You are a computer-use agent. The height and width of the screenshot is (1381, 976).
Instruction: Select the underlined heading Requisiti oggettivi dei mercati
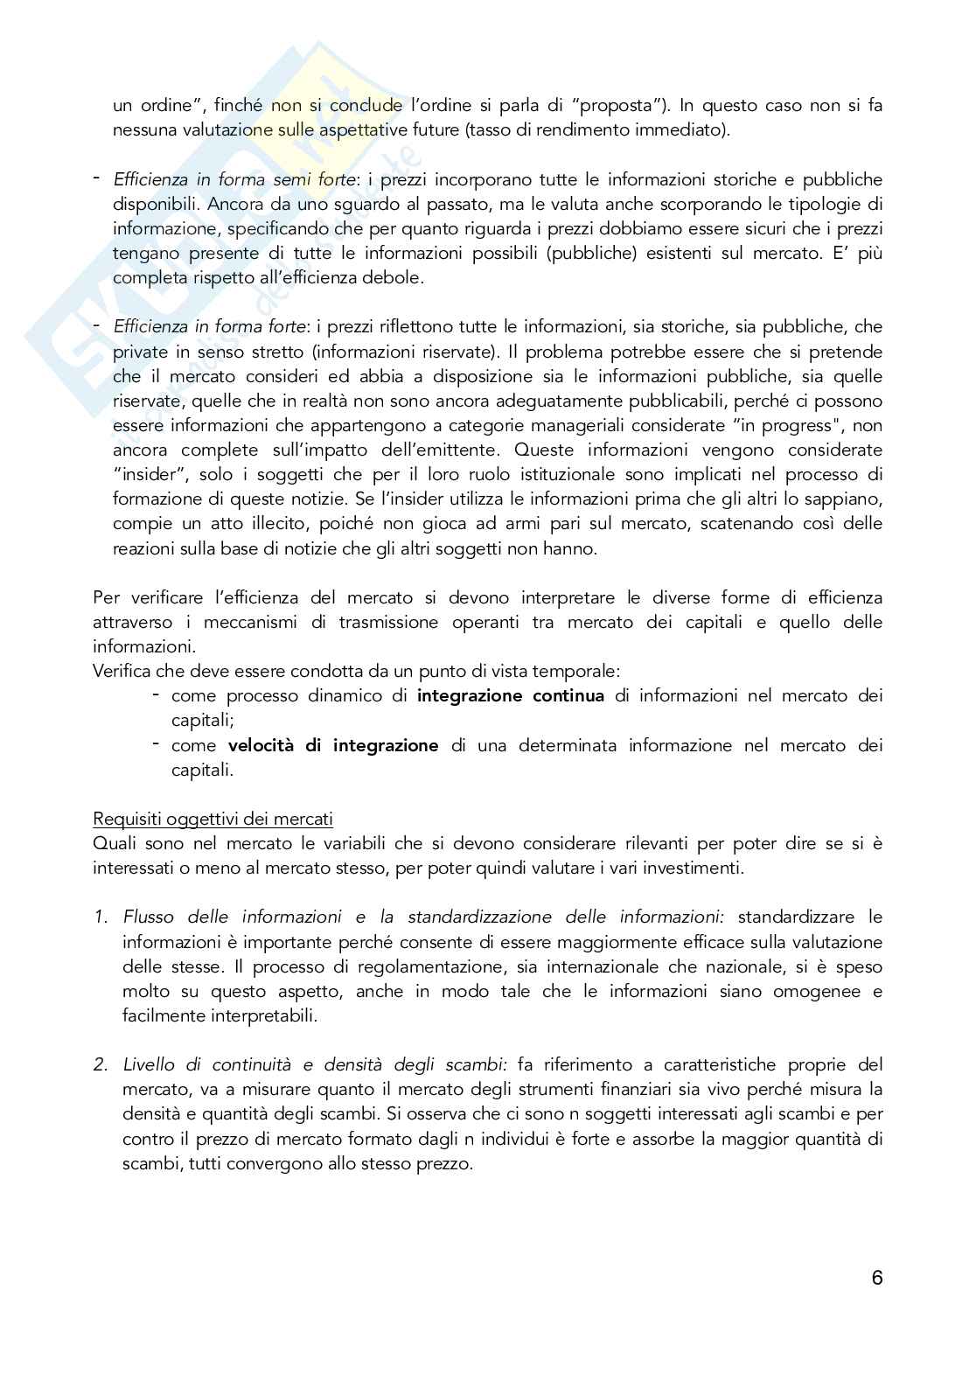point(213,820)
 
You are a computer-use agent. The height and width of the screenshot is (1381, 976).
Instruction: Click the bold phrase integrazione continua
point(511,696)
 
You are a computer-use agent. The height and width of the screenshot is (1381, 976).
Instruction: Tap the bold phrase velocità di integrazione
point(333,746)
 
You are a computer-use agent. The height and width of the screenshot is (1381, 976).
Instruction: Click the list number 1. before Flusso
point(101,917)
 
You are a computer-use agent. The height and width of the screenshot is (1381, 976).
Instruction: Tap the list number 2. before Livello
point(101,1065)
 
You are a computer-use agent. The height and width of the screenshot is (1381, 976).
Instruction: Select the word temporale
point(579,672)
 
